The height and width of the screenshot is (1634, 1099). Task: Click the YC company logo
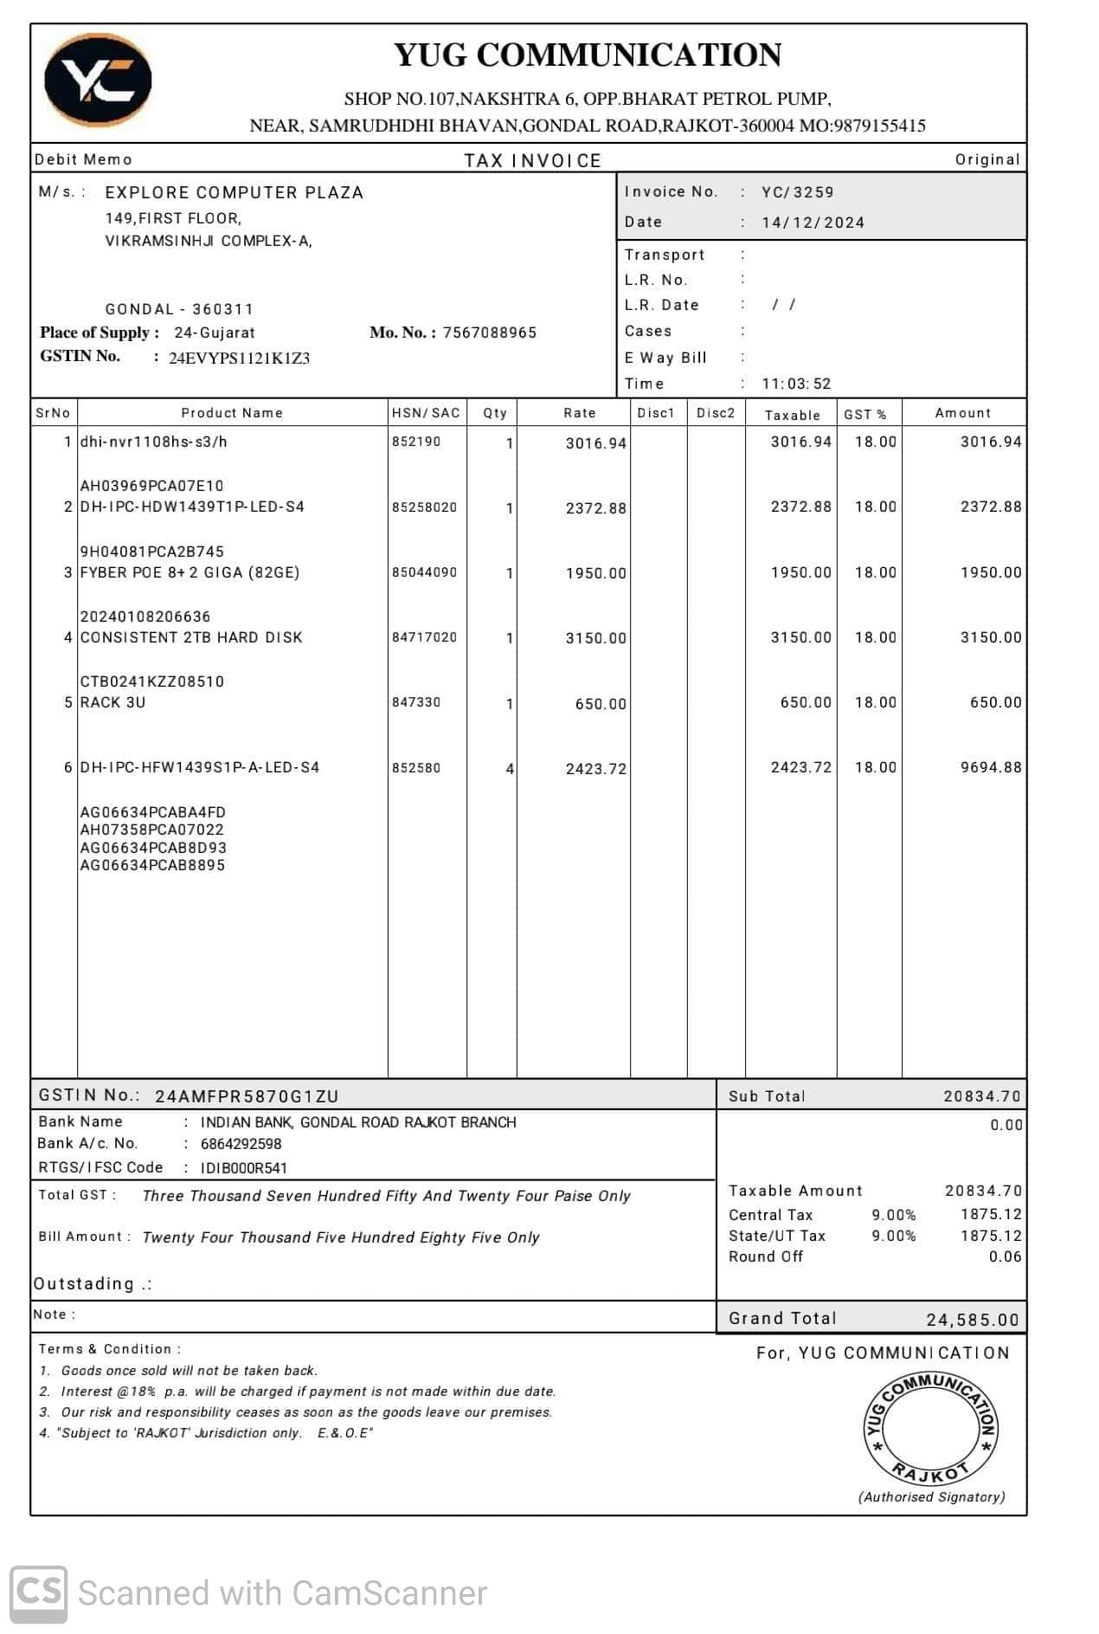(98, 80)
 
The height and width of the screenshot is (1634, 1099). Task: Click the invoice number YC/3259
(797, 192)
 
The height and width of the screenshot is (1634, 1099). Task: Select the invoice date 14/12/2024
(813, 223)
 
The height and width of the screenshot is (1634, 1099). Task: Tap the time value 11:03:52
(796, 384)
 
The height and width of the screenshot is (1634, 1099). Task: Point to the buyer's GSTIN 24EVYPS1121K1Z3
(239, 358)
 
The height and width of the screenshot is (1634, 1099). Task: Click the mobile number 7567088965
(489, 333)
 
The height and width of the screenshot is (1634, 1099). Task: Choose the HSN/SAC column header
(426, 413)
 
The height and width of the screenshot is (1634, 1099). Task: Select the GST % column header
(865, 415)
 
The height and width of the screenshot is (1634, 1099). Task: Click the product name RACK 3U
(112, 702)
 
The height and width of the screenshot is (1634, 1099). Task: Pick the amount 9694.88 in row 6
(990, 767)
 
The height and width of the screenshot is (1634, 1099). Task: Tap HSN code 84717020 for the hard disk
(424, 637)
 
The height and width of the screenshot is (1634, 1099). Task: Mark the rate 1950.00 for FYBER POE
(595, 573)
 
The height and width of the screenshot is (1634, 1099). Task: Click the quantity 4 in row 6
(510, 769)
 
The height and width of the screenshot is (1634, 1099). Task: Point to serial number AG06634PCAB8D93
(153, 848)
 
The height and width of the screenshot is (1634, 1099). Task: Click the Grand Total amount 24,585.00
(972, 1320)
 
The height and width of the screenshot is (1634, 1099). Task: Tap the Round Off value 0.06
(1005, 1256)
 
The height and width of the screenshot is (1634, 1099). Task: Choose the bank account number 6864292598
(241, 1144)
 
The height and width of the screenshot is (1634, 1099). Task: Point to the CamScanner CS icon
(38, 1594)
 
